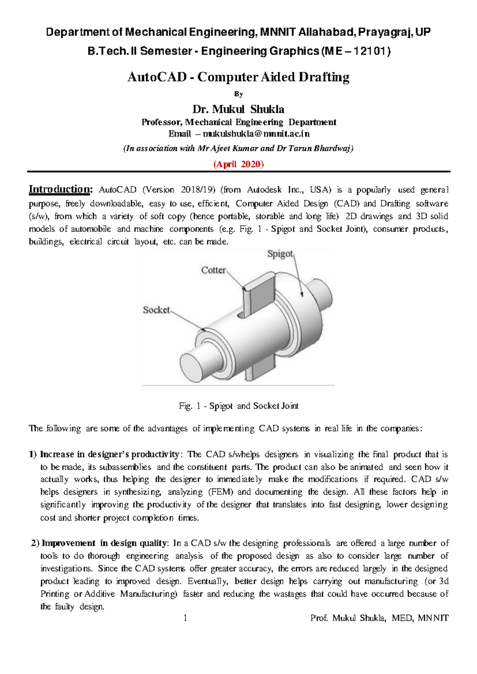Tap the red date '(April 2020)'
click(238, 164)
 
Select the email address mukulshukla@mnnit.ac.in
click(256, 134)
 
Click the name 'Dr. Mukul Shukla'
click(238, 109)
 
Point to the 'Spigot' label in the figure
click(280, 254)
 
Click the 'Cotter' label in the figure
click(213, 270)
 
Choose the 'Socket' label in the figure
click(156, 310)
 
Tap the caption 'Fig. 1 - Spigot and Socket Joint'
click(238, 406)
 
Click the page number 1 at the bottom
click(185, 618)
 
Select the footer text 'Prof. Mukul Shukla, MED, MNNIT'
click(379, 618)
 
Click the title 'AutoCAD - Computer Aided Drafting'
click(238, 77)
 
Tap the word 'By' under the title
click(238, 94)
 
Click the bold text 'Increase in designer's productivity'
click(109, 454)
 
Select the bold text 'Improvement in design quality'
click(105, 543)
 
